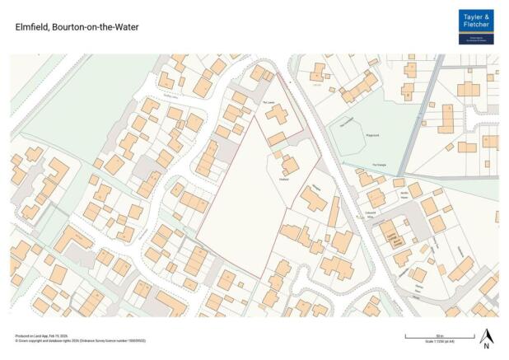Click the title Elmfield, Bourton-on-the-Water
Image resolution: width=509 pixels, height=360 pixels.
pyautogui.click(x=77, y=27)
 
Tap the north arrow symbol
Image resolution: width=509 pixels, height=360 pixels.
pyautogui.click(x=486, y=336)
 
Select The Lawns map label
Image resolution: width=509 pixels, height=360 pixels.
pyautogui.click(x=269, y=102)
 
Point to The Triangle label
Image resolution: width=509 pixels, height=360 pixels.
pyautogui.click(x=380, y=166)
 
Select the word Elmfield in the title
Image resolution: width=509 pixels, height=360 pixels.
pyautogui.click(x=30, y=27)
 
